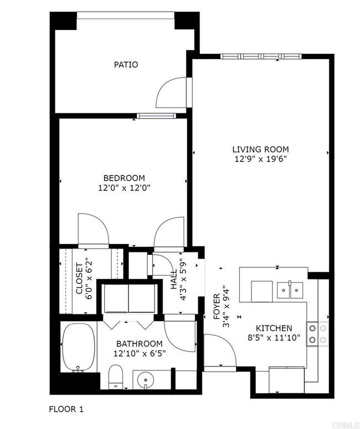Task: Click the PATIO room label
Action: tap(126, 65)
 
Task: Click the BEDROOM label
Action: tap(124, 178)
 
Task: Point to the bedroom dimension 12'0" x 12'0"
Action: tap(124, 188)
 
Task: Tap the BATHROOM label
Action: tap(139, 344)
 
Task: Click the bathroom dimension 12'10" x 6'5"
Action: tap(139, 353)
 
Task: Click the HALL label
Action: tap(174, 279)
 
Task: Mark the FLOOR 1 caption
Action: tap(66, 410)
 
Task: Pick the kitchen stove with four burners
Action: tap(317, 333)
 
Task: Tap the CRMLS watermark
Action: tap(343, 423)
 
